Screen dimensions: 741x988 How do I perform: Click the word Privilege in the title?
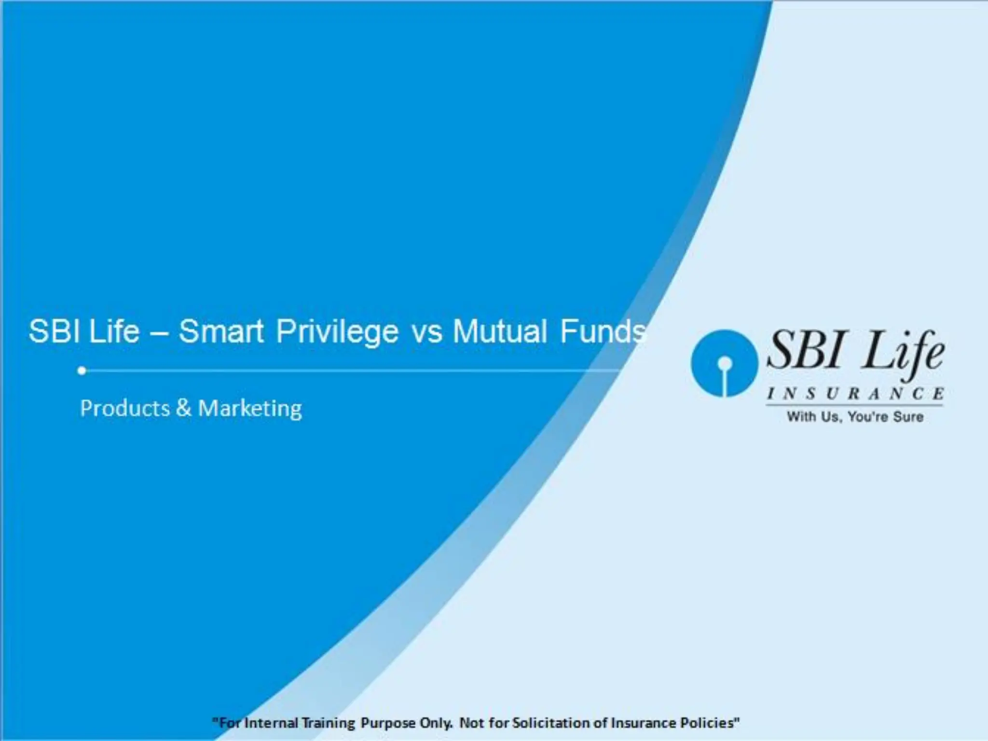click(337, 332)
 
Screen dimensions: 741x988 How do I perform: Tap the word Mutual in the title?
click(499, 332)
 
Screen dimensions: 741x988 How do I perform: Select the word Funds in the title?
click(603, 332)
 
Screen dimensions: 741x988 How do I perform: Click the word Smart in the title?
click(221, 332)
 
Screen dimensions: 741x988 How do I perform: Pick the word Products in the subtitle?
click(125, 409)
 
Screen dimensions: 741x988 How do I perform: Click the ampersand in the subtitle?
click(184, 409)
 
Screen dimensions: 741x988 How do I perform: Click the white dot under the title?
click(82, 370)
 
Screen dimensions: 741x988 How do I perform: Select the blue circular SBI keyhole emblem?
click(724, 363)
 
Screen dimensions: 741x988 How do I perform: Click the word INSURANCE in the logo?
click(855, 394)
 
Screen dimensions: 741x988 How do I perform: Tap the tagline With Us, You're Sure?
click(855, 417)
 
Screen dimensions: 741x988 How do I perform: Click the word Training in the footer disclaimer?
click(329, 723)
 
